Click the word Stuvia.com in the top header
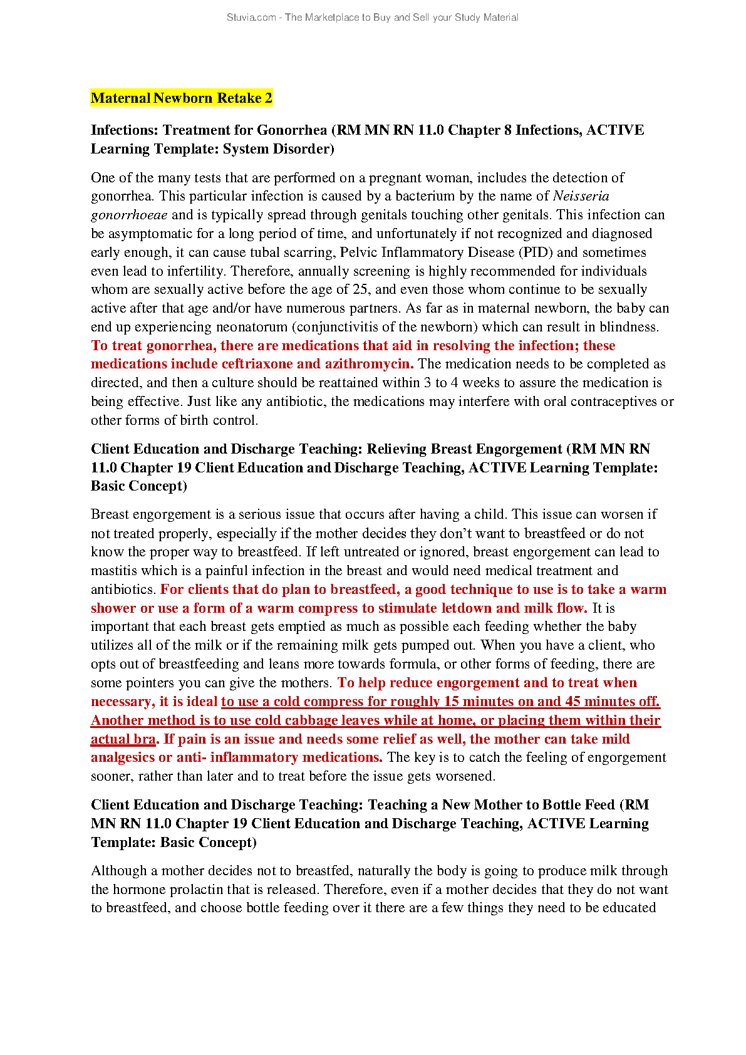pyautogui.click(x=251, y=18)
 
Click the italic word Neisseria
pyautogui.click(x=581, y=196)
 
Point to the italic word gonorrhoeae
pyautogui.click(x=129, y=215)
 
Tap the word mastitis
pyautogui.click(x=115, y=571)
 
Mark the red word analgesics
pyautogui.click(x=123, y=757)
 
